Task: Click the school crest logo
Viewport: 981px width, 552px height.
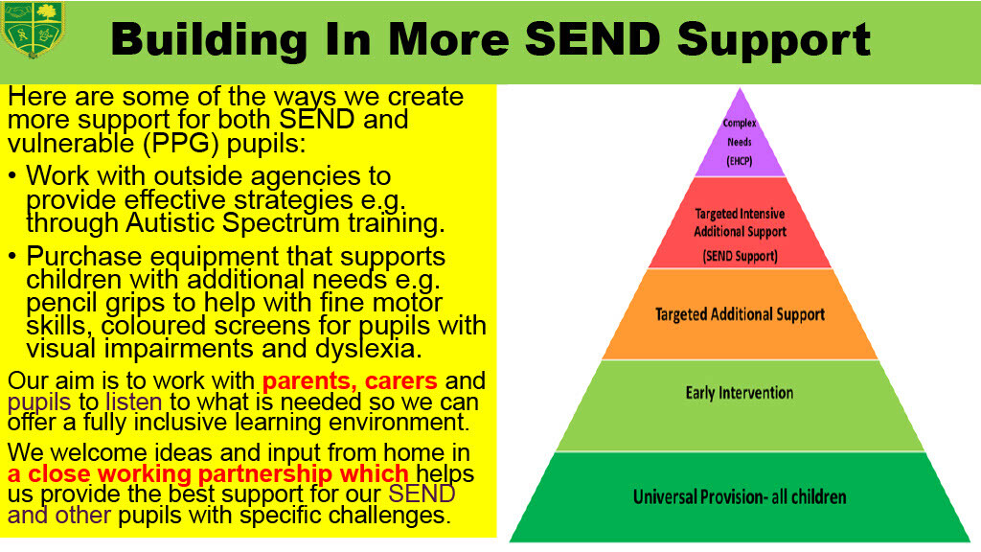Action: click(34, 30)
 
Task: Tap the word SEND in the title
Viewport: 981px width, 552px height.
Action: click(592, 38)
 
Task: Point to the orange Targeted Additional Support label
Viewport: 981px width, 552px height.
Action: click(740, 314)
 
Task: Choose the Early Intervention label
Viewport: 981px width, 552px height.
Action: click(740, 393)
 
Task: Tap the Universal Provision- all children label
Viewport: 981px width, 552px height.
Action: click(740, 497)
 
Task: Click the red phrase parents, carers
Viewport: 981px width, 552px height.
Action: click(350, 380)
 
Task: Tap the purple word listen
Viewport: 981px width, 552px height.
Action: click(134, 402)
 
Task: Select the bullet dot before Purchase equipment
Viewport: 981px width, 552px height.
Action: click(12, 257)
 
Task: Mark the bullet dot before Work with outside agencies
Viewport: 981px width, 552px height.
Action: click(12, 176)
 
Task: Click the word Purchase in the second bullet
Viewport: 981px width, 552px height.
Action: click(84, 257)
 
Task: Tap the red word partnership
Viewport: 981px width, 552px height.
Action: click(264, 473)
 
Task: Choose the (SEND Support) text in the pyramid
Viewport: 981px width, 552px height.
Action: click(740, 256)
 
